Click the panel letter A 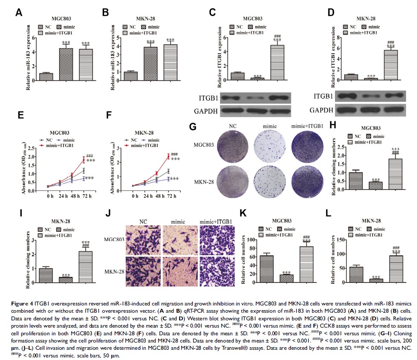(x=18, y=13)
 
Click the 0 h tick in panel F (x=135, y=197)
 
